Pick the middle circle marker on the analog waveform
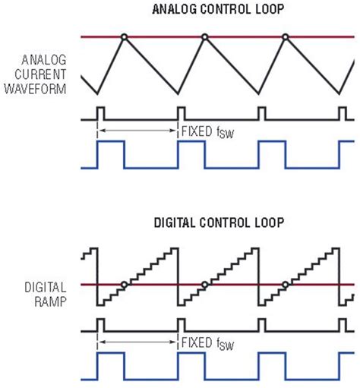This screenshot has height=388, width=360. coord(204,36)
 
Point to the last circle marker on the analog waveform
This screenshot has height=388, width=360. coord(286,36)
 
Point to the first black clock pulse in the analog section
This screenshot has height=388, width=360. coord(100,113)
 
